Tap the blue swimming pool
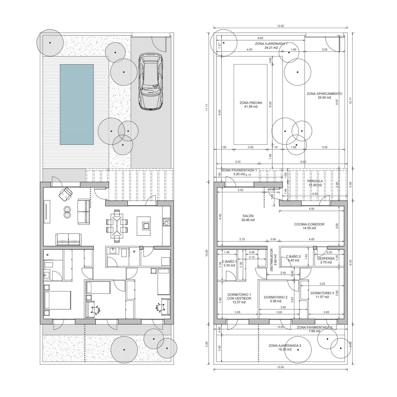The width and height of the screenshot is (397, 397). tap(77, 104)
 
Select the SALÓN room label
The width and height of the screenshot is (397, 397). tap(248, 216)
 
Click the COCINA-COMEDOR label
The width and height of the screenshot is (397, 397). tap(309, 224)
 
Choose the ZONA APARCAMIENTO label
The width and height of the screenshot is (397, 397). tap(324, 93)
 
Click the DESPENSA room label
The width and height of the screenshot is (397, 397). tap(326, 259)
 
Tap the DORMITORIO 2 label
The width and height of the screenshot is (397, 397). tap(276, 297)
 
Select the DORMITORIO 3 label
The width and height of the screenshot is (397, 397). tap(322, 293)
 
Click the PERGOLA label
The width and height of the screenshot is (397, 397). tap(315, 181)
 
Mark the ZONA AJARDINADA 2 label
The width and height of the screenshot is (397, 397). tap(285, 345)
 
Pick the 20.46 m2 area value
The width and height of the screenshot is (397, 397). tap(248, 220)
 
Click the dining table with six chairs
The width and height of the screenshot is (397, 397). tap(117, 226)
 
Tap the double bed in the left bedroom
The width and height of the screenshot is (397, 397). tap(57, 300)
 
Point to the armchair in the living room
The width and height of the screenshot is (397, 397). tap(66, 194)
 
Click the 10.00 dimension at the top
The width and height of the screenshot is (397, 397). tap(280, 26)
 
